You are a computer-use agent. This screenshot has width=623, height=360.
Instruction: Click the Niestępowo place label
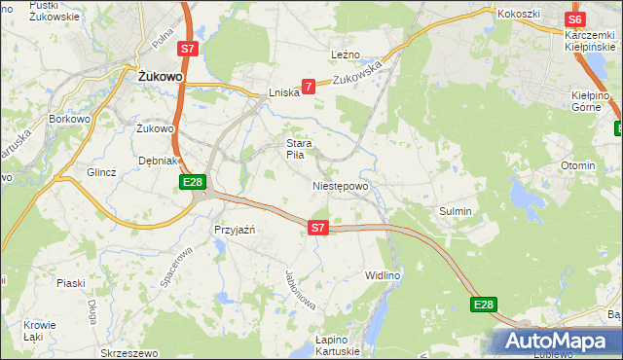[340, 185]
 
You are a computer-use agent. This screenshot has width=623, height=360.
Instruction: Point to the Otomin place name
[577, 165]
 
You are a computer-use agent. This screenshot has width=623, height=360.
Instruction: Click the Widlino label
[383, 275]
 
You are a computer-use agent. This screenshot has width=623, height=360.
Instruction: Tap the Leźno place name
[346, 54]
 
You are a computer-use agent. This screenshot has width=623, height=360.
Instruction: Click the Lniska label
[282, 93]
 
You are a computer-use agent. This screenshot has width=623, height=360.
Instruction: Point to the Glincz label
[101, 172]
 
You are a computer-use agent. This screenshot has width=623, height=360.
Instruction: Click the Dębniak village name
[157, 161]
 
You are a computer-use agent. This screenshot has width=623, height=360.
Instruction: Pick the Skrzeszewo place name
[122, 351]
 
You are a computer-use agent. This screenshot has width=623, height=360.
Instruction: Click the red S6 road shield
[574, 19]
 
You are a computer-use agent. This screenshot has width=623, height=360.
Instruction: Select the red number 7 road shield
[309, 87]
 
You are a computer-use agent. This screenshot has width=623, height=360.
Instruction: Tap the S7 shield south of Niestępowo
[318, 228]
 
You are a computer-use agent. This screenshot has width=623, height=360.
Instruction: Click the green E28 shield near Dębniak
[192, 182]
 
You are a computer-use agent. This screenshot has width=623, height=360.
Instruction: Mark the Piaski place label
[70, 283]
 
